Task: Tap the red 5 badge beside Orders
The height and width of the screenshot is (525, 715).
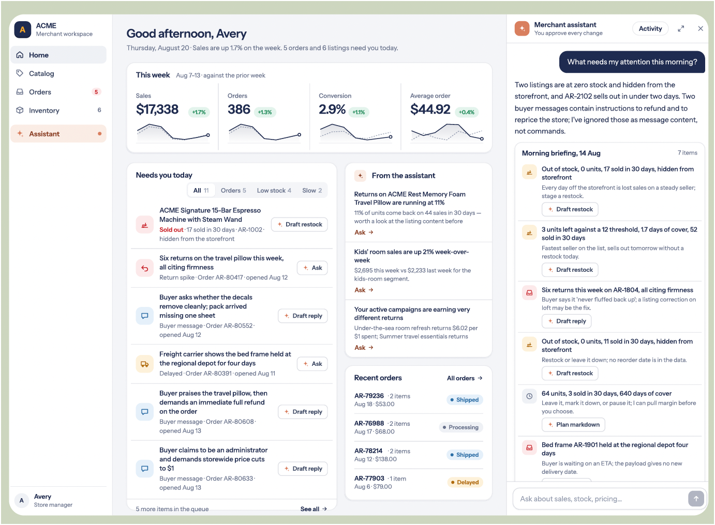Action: point(96,92)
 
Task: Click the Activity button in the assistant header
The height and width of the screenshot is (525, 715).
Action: point(650,29)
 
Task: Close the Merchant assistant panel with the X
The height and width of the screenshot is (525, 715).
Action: point(701,29)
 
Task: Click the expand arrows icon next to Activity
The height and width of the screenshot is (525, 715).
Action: point(680,29)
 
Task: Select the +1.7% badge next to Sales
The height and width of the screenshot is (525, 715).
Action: point(199,112)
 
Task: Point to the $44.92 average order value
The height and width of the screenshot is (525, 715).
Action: point(430,110)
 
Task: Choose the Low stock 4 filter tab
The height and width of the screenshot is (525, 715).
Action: point(274,190)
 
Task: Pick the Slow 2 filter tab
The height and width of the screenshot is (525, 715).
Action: point(312,190)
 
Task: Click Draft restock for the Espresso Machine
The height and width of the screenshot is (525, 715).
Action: point(300,224)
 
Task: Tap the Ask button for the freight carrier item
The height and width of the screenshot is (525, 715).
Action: point(312,364)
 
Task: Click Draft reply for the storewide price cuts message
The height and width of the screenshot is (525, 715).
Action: point(303,469)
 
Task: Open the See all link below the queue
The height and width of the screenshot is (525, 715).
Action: point(314,509)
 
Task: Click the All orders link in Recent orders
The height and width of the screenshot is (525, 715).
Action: point(465,378)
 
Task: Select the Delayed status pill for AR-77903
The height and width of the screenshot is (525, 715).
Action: point(465,482)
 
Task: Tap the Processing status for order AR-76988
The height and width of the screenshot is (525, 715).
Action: point(461,427)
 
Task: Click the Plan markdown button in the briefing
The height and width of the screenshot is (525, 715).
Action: point(573,425)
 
